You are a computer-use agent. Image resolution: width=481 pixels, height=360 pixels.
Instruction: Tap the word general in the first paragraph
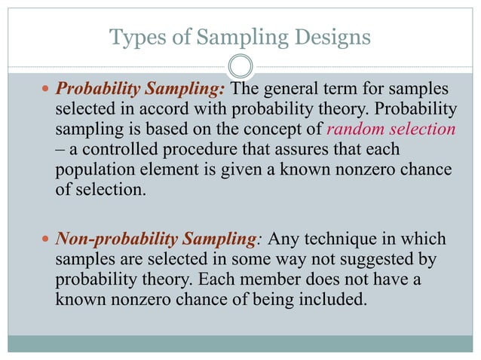(288, 90)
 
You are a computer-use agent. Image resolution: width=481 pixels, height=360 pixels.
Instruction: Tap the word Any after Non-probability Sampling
(285, 240)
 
